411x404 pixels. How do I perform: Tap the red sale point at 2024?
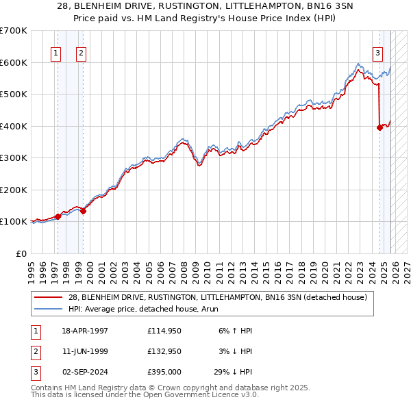coord(379,127)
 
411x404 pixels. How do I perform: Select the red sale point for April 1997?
coord(58,216)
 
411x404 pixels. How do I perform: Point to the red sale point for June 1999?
coord(83,211)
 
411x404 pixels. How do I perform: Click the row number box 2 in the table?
coord(35,351)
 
